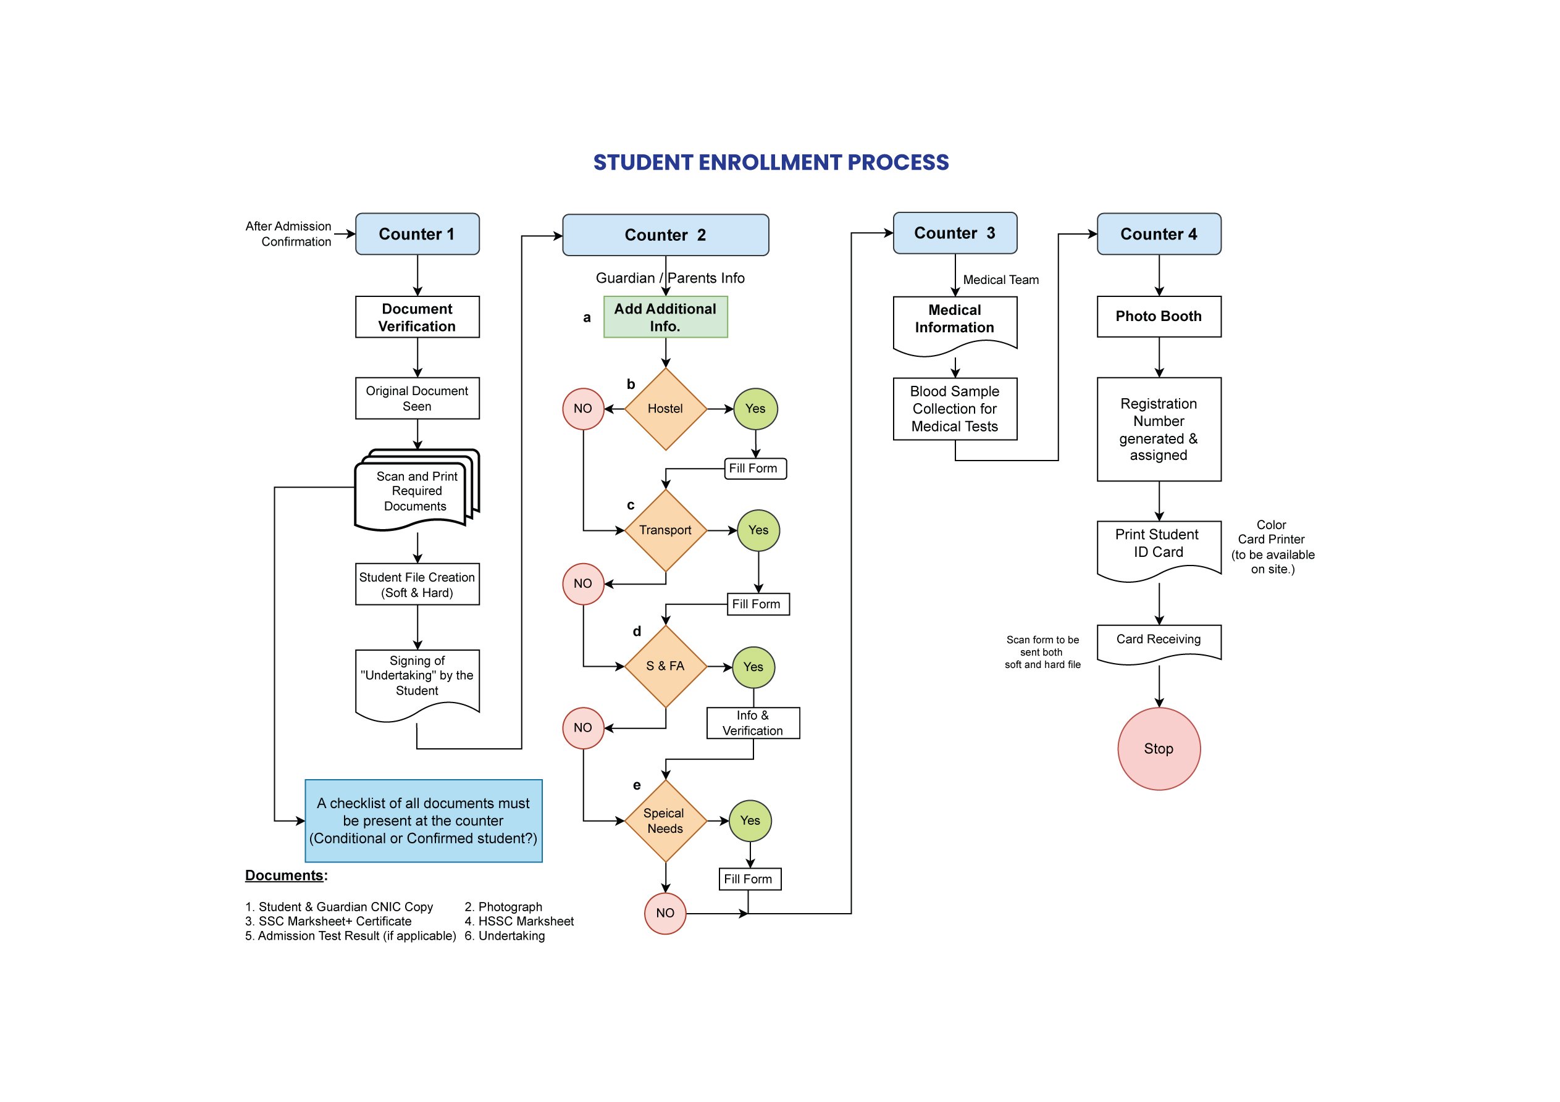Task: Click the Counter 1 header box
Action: [417, 234]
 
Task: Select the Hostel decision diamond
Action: [665, 409]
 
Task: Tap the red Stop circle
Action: [1159, 749]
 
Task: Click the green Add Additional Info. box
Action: [665, 317]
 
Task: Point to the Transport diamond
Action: [665, 530]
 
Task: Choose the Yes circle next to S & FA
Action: [753, 667]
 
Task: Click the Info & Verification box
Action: [753, 723]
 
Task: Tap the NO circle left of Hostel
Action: [583, 409]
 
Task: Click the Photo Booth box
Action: [1159, 317]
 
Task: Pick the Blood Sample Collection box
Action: [955, 409]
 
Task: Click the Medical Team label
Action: [1000, 280]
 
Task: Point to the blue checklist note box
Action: [423, 820]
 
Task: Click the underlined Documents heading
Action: [285, 875]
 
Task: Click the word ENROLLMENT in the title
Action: [771, 162]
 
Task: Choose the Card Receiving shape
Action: [1159, 641]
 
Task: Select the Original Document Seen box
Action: [417, 398]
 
